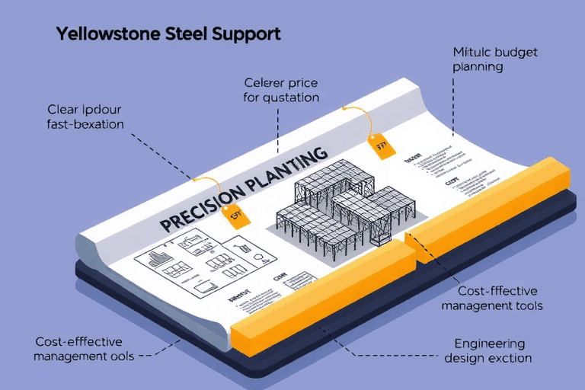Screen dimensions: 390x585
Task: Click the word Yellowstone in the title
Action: [x=107, y=34]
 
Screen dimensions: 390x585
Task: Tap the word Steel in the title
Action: [x=187, y=34]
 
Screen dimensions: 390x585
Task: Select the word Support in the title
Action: [x=247, y=35]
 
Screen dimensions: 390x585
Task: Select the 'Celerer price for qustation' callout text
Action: [x=281, y=90]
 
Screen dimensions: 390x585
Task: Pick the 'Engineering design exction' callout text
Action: [x=487, y=350]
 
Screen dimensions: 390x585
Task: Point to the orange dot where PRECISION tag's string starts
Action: [x=196, y=181]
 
